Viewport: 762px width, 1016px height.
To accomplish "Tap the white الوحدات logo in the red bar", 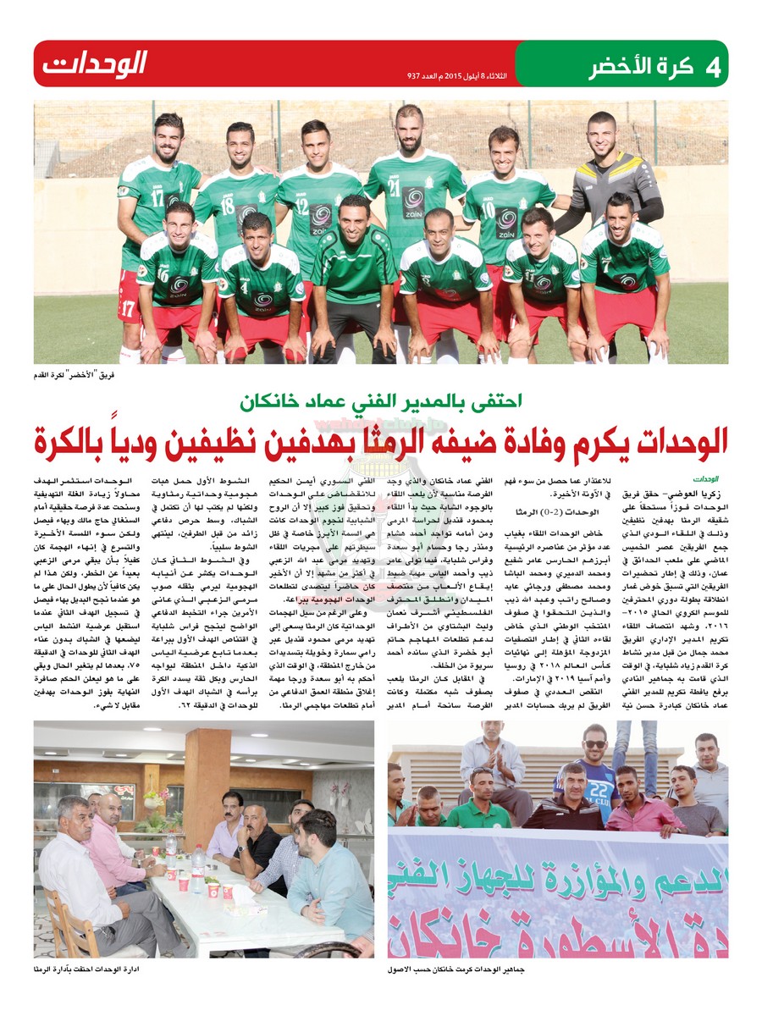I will tap(96, 63).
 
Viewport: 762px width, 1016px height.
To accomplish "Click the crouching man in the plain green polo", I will tap(354, 271).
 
